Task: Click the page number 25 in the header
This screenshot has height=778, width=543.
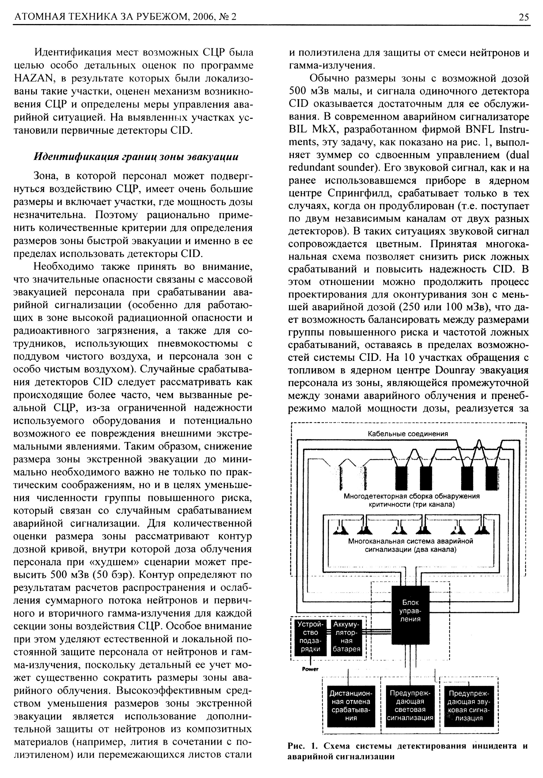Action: click(x=523, y=17)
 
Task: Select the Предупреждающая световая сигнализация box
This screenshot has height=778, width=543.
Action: click(x=410, y=706)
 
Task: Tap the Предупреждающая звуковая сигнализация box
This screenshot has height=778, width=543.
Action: click(x=469, y=706)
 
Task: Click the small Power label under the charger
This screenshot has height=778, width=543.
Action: click(x=310, y=669)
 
